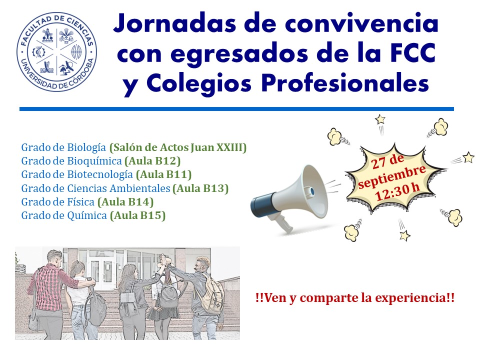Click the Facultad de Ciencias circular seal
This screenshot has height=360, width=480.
(x=56, y=52)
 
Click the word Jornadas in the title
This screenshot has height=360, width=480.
(x=175, y=24)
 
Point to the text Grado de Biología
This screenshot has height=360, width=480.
(x=63, y=147)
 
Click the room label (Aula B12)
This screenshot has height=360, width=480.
(x=152, y=161)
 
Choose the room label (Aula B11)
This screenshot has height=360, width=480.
(x=164, y=174)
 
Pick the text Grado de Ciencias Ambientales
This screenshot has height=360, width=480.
(x=95, y=188)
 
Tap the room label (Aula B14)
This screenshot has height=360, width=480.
(x=125, y=202)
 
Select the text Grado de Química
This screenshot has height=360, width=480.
(x=64, y=215)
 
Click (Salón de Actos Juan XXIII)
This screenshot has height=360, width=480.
(x=178, y=147)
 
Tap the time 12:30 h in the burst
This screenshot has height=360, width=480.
(x=397, y=192)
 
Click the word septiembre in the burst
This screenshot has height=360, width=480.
(x=392, y=177)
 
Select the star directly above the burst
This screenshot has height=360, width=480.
(x=380, y=119)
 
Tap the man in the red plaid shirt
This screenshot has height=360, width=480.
(x=49, y=294)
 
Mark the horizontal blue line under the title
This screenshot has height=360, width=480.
(x=236, y=108)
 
